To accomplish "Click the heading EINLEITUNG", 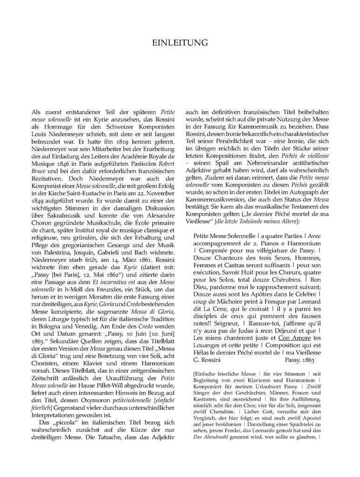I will pyautogui.click(x=180, y=43).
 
